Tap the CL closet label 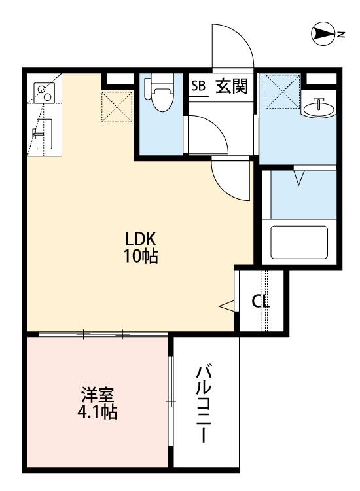262,302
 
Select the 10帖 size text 140,256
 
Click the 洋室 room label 98,395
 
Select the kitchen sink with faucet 43,136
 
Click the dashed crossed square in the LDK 117,106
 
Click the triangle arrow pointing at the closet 226,304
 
